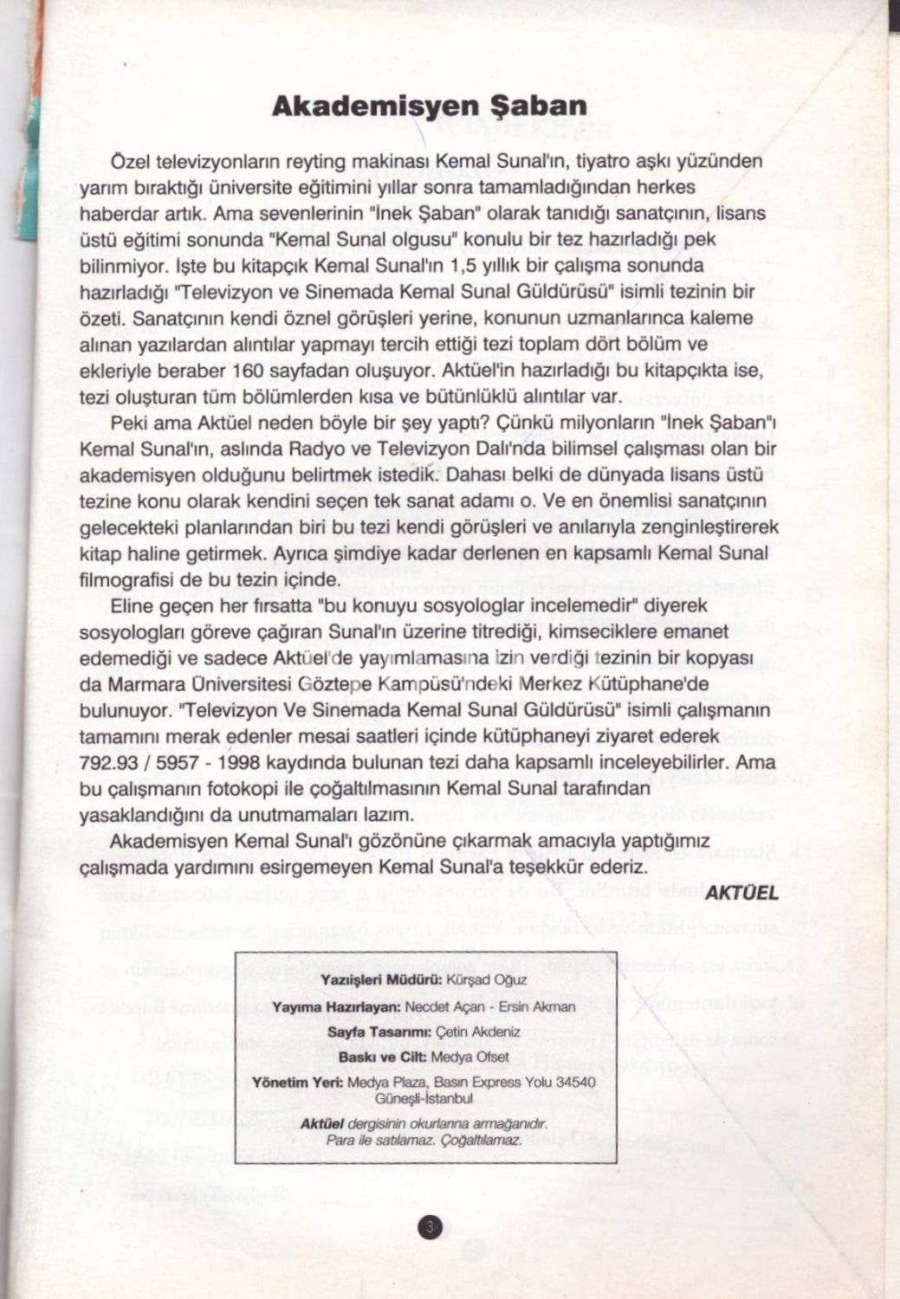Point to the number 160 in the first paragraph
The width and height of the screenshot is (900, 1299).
[248, 372]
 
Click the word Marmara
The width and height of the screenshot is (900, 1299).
[135, 686]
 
